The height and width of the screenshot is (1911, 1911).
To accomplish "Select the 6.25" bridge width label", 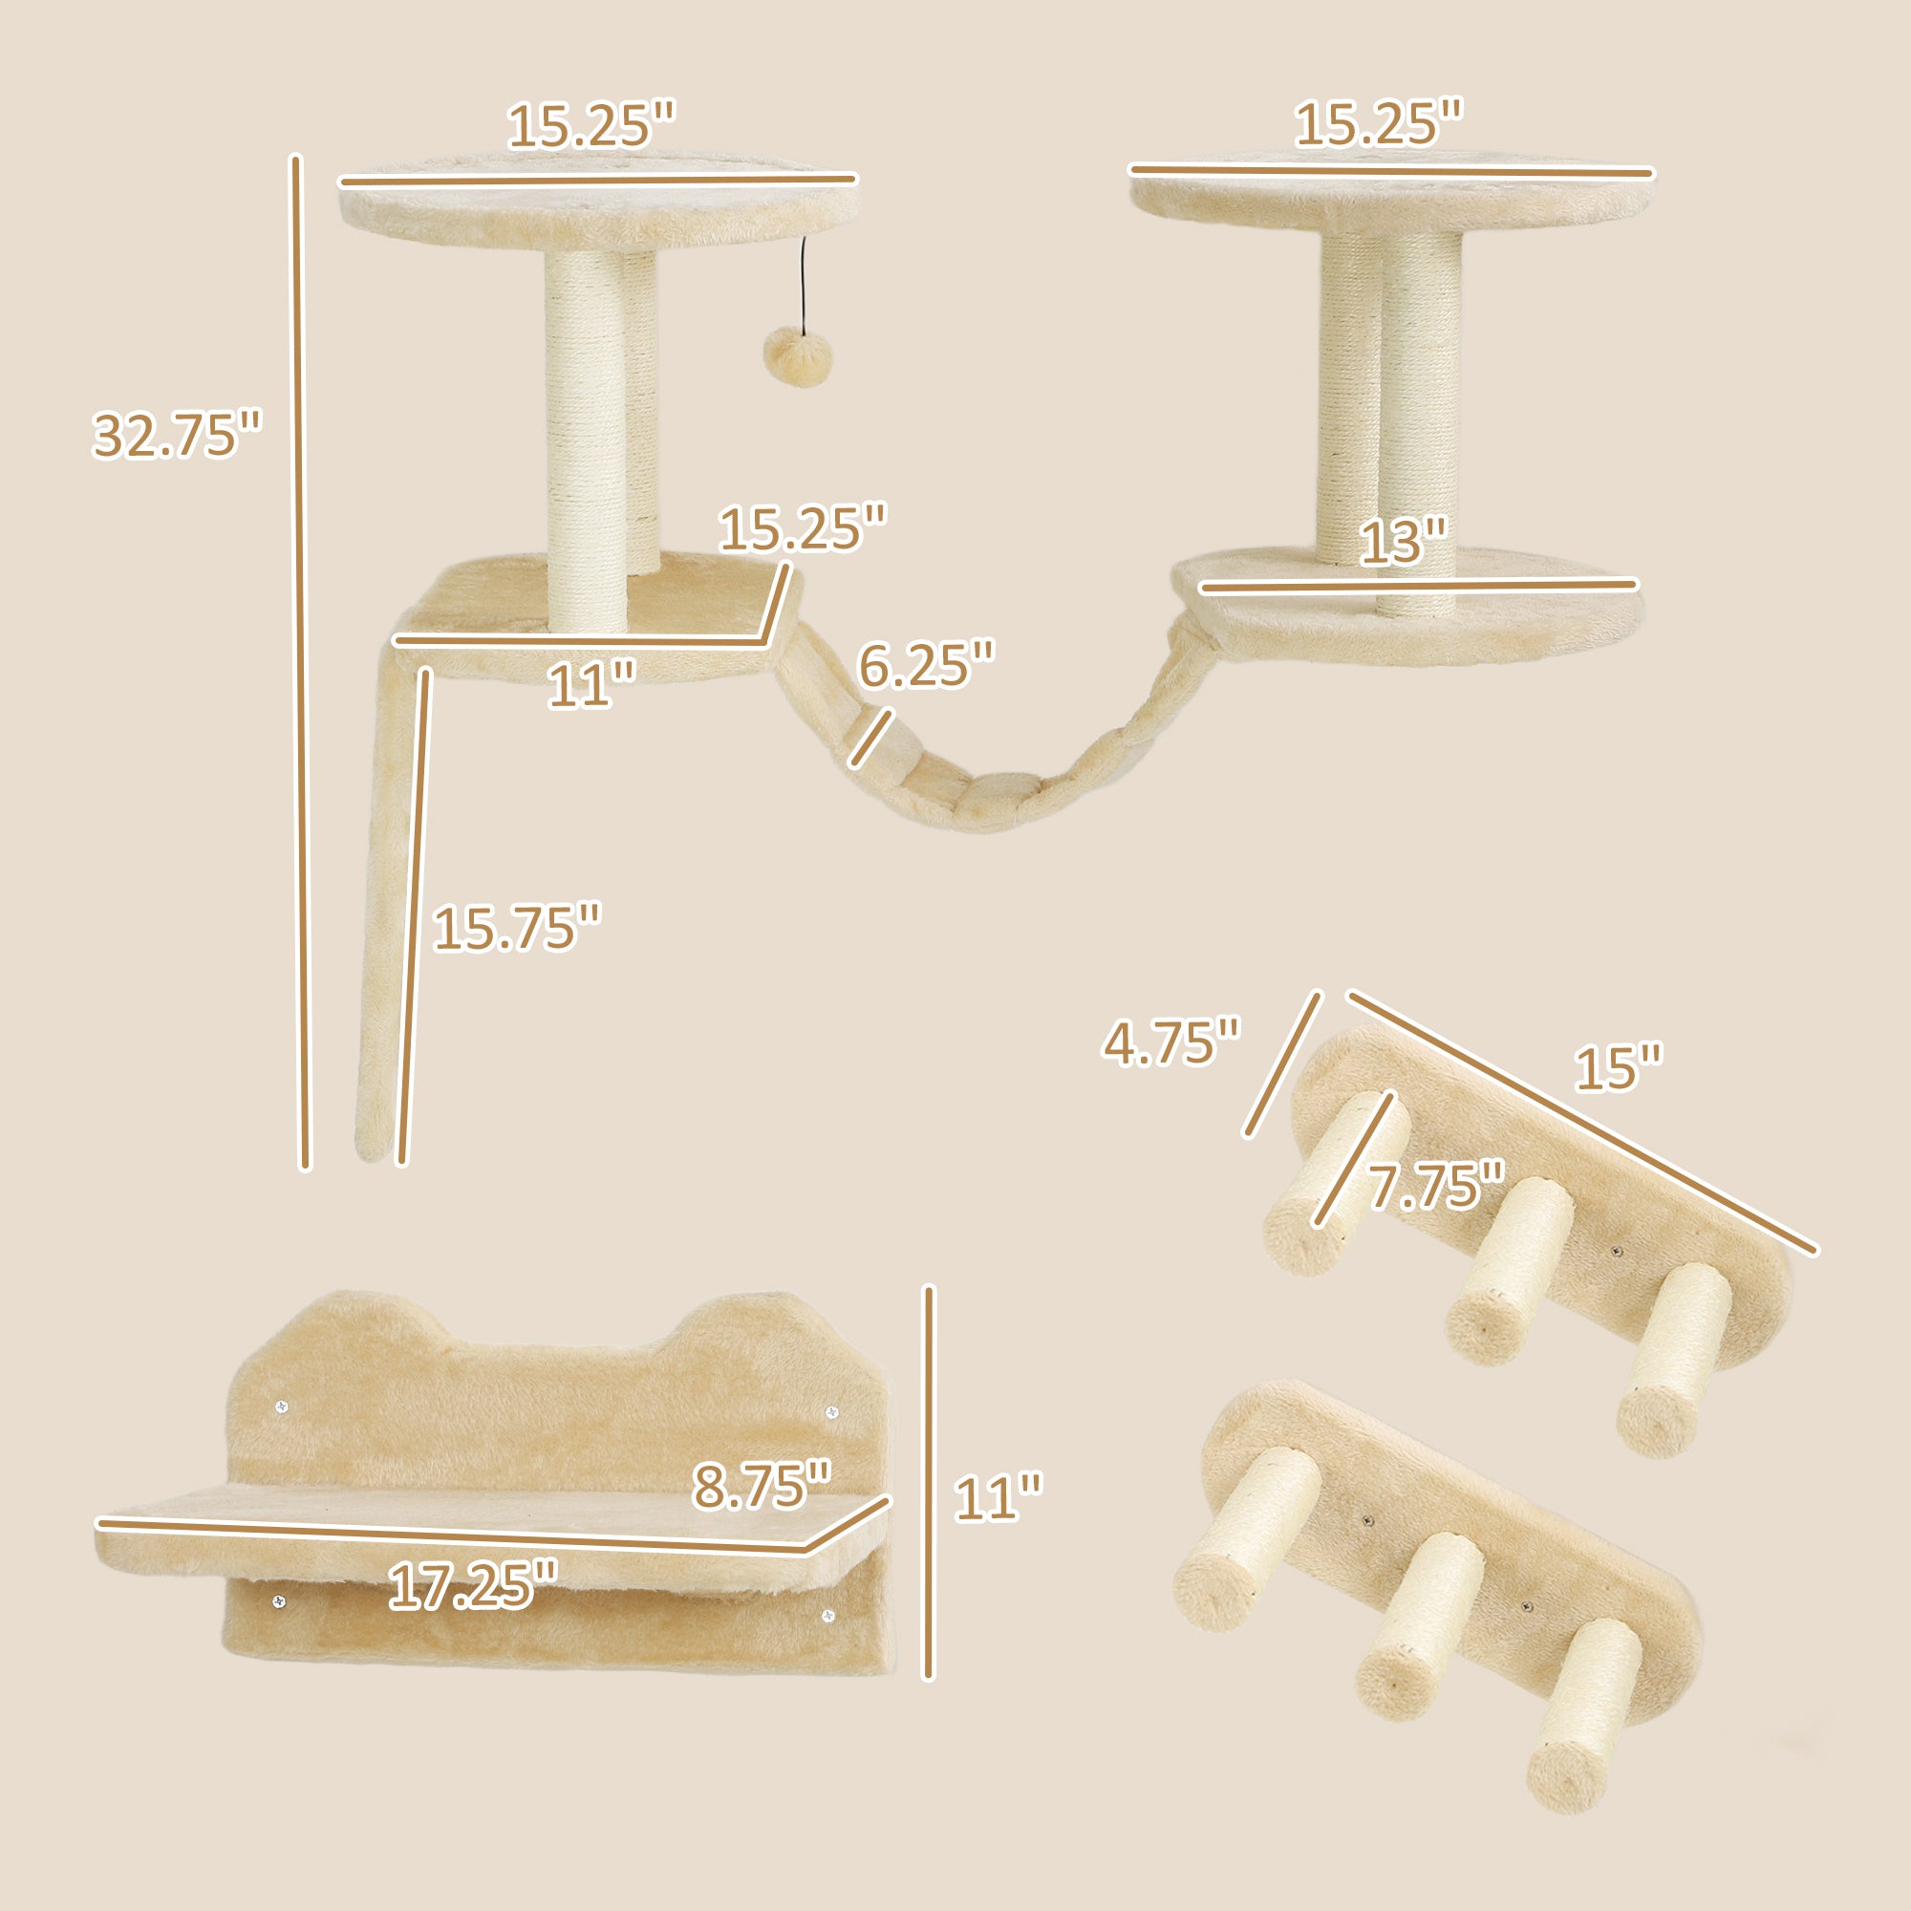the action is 926,664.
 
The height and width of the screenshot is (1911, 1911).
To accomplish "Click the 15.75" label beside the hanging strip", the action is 516,928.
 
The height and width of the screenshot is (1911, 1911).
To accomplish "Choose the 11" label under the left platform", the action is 591,685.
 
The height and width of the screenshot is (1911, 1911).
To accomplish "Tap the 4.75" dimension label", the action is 1171,1042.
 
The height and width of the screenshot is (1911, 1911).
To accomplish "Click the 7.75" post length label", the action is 1436,1186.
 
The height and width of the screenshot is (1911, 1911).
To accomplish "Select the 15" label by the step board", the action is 1619,1068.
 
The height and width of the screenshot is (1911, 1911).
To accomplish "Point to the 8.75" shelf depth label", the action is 762,1486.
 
